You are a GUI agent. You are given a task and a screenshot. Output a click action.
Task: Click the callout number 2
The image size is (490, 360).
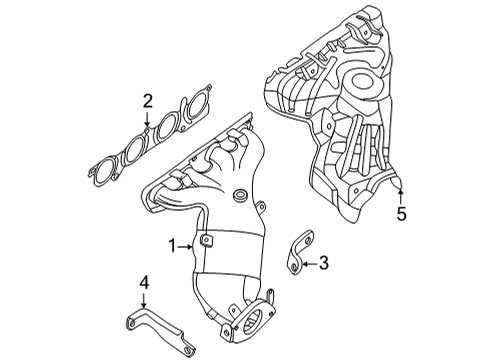(147, 100)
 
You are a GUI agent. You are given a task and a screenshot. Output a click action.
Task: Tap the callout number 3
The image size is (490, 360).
(323, 262)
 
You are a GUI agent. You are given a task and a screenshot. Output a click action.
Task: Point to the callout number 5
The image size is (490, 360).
(401, 214)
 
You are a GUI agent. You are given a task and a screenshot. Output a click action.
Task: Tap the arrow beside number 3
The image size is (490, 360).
(308, 262)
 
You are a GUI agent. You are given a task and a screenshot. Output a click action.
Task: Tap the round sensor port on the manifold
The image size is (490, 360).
(240, 193)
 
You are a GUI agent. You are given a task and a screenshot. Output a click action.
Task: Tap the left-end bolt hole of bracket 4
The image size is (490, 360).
(130, 321)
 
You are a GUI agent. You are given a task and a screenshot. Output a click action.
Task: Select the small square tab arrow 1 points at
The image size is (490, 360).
(206, 240)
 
